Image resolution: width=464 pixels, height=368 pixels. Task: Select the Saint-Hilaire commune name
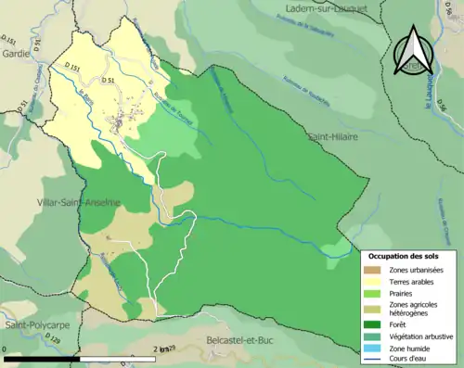[333, 136]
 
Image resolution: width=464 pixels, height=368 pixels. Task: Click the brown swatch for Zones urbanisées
[375, 270]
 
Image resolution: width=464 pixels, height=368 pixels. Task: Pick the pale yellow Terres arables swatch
[375, 281]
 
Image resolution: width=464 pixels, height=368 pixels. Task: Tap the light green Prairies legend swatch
[375, 293]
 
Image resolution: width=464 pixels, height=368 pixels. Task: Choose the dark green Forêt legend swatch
[375, 324]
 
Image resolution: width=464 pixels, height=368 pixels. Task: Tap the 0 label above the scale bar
[6, 349]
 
